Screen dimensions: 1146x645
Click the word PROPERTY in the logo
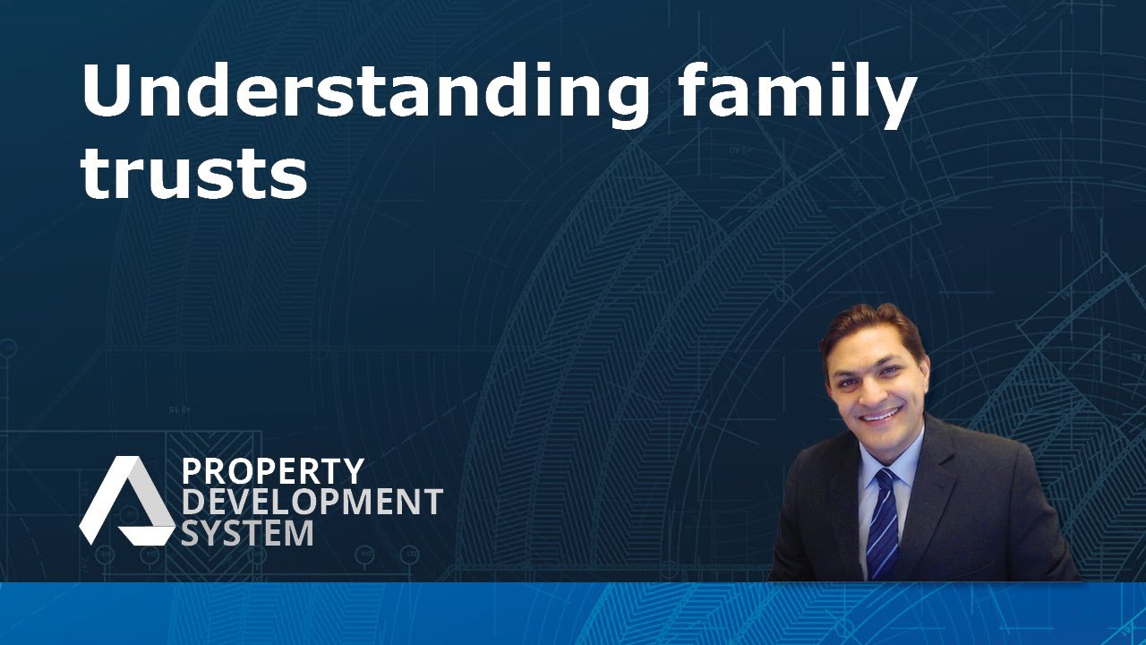point(273,471)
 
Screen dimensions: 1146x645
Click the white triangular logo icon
point(126,500)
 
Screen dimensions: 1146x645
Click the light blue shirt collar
point(891,460)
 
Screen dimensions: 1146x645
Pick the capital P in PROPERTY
point(191,471)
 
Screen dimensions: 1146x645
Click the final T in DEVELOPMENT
point(432,502)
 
